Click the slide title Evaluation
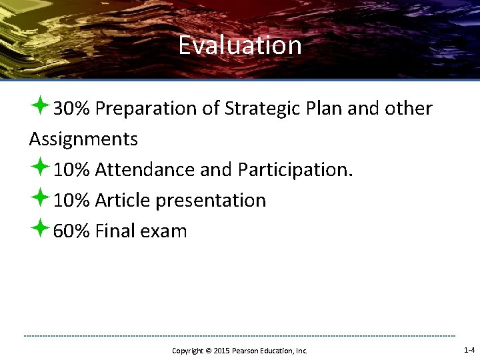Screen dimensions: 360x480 point(240,46)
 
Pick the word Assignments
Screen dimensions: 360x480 point(83,139)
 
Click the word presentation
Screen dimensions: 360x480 point(209,201)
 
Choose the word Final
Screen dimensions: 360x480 point(115,231)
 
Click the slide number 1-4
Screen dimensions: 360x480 point(469,350)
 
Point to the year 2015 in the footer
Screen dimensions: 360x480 point(221,351)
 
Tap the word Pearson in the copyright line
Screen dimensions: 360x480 point(245,351)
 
